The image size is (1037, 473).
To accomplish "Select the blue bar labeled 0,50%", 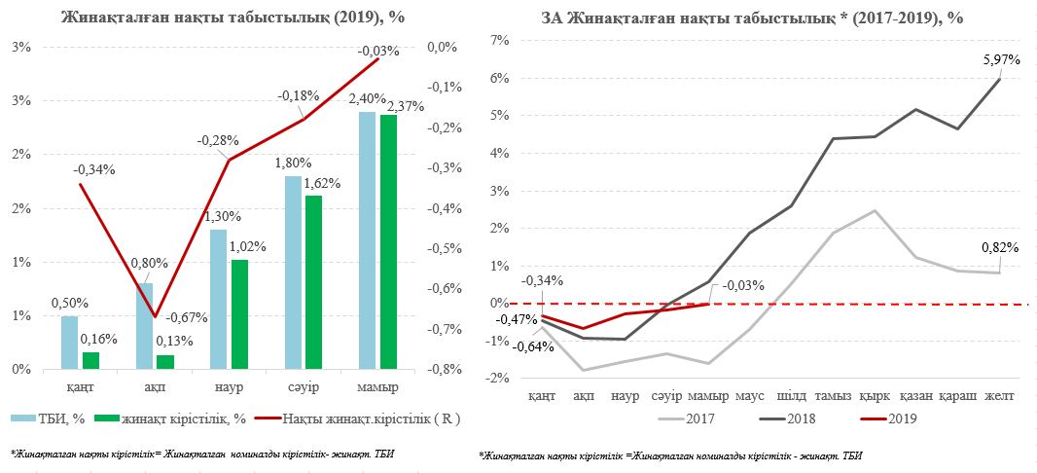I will (x=69, y=343).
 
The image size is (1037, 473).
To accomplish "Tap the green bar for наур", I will (x=239, y=314).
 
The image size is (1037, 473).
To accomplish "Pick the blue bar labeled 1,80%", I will (x=293, y=273).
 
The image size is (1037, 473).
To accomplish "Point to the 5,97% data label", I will (x=1001, y=59).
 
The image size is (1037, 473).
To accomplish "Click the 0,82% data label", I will (x=1000, y=247).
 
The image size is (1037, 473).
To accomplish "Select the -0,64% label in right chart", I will (x=534, y=346).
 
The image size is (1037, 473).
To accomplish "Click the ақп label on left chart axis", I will (x=156, y=388).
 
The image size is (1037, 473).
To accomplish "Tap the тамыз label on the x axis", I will (x=834, y=396).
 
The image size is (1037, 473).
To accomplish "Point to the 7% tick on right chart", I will (x=502, y=41).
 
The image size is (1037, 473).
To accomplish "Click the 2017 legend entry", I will (x=694, y=419).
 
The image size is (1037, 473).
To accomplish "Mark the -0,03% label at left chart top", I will (x=378, y=51).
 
